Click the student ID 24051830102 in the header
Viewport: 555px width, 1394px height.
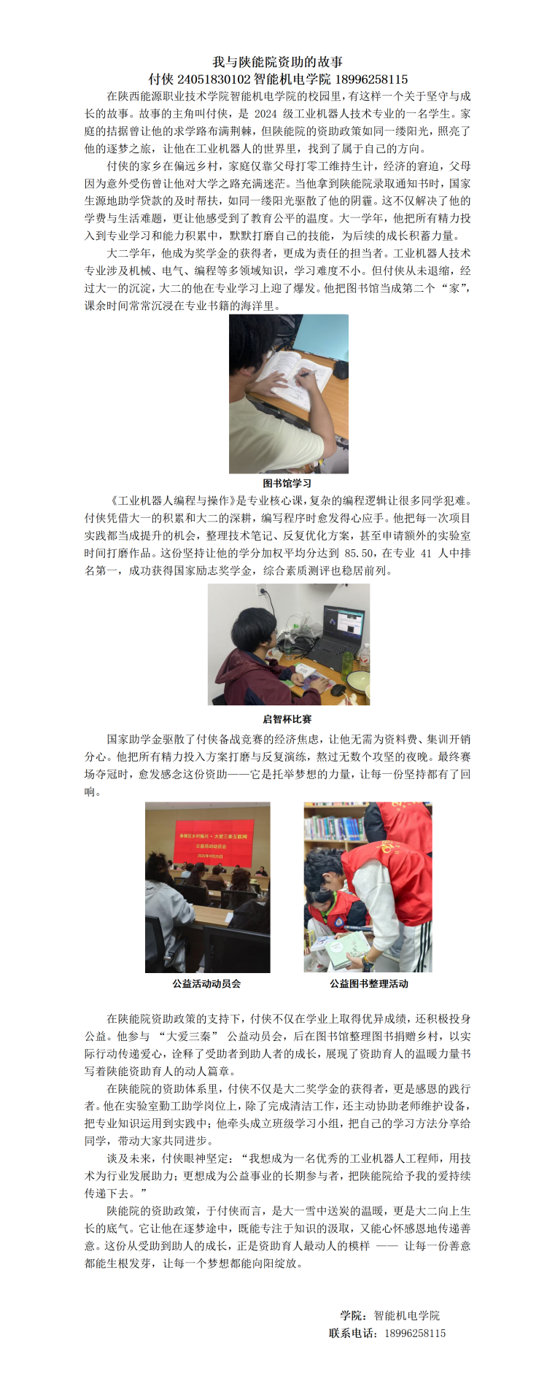(214, 79)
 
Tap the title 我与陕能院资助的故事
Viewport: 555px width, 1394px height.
(277, 62)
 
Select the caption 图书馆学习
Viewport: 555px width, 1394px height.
(287, 483)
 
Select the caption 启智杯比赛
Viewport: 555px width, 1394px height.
(287, 719)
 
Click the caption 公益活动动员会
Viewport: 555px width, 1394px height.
(206, 983)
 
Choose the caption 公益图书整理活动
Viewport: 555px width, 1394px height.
(369, 983)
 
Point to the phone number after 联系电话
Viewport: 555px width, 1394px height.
(415, 1333)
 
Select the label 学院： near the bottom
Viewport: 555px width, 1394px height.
(354, 1315)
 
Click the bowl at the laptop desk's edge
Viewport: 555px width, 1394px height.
(357, 680)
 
